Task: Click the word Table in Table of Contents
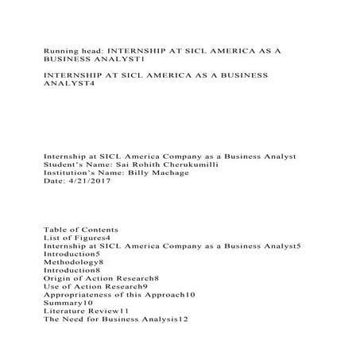[x=53, y=230]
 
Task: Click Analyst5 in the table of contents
[x=281, y=247]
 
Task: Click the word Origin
[x=56, y=282]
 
